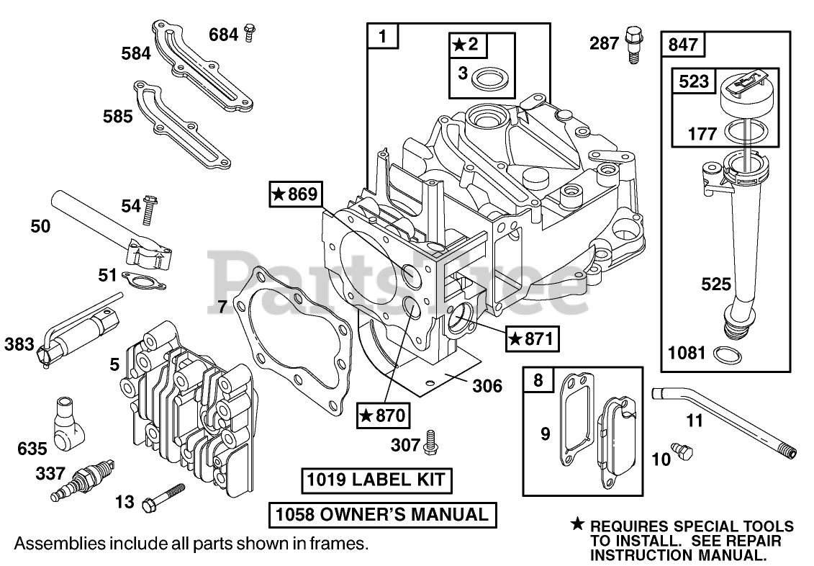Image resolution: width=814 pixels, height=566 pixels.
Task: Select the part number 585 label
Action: pos(117,115)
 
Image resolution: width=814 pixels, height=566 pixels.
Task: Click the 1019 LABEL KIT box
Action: pos(376,480)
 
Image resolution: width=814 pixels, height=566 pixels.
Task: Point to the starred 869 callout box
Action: pos(294,194)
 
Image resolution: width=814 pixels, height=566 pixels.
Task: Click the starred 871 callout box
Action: pos(532,338)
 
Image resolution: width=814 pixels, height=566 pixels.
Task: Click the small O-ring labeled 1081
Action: pos(726,354)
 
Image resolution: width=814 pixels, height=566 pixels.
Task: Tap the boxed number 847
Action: pos(682,44)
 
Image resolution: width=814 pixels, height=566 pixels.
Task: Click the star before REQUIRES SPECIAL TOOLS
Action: pos(577,525)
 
